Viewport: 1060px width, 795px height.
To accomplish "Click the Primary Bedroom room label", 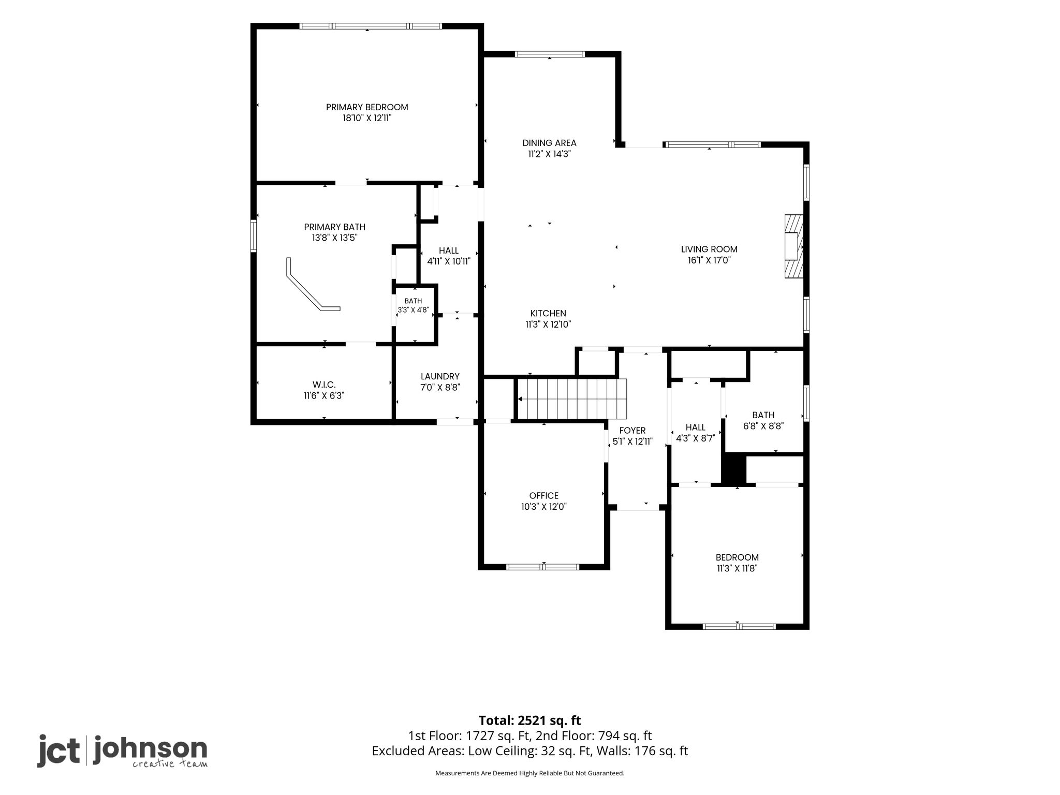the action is [367, 107].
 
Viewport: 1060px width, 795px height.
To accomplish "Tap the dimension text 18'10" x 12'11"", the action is [367, 118].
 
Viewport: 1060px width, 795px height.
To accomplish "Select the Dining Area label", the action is [549, 143].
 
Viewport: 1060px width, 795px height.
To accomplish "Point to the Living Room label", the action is [709, 249].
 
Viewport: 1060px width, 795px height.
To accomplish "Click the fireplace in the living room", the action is [793, 247].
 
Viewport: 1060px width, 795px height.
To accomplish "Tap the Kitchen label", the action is [548, 313].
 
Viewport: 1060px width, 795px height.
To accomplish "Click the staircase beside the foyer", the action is [572, 399].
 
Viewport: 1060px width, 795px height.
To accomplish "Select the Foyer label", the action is [632, 430].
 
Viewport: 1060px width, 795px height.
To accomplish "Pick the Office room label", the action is [544, 495].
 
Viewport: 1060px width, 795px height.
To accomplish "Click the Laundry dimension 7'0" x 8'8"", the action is [440, 387].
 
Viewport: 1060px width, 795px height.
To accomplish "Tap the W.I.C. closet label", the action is [324, 385].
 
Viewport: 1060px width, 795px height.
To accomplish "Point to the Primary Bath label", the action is [335, 227].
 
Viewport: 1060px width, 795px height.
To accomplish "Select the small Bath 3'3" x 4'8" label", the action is [413, 305].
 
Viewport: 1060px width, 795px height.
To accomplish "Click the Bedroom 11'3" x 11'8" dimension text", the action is [737, 568].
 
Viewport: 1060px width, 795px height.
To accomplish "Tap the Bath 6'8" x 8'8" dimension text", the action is [763, 426].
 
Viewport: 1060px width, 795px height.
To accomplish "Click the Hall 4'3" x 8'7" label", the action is [696, 433].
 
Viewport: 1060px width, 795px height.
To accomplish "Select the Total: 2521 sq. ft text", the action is [530, 720].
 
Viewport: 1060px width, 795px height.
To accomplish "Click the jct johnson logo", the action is [122, 750].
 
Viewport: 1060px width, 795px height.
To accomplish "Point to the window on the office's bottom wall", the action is [542, 567].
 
